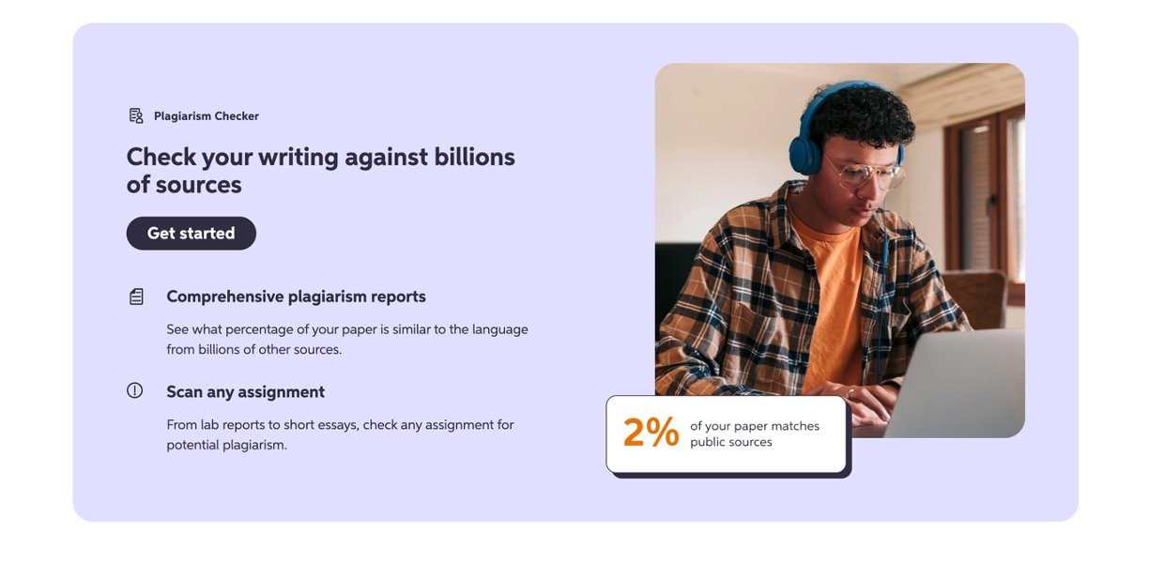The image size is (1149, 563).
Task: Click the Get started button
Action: (191, 234)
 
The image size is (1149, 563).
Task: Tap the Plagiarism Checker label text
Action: (207, 116)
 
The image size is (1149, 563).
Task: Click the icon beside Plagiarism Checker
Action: (136, 115)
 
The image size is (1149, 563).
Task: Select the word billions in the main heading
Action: (474, 157)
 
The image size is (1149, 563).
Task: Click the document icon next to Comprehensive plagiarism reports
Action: (136, 297)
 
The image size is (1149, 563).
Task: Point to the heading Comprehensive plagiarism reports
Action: (296, 297)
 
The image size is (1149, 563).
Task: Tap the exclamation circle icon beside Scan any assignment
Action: (135, 390)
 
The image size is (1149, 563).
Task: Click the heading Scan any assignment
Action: (245, 392)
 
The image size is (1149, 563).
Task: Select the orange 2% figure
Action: (651, 433)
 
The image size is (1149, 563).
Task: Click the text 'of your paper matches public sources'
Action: (755, 434)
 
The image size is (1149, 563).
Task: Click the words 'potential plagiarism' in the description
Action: (227, 445)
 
